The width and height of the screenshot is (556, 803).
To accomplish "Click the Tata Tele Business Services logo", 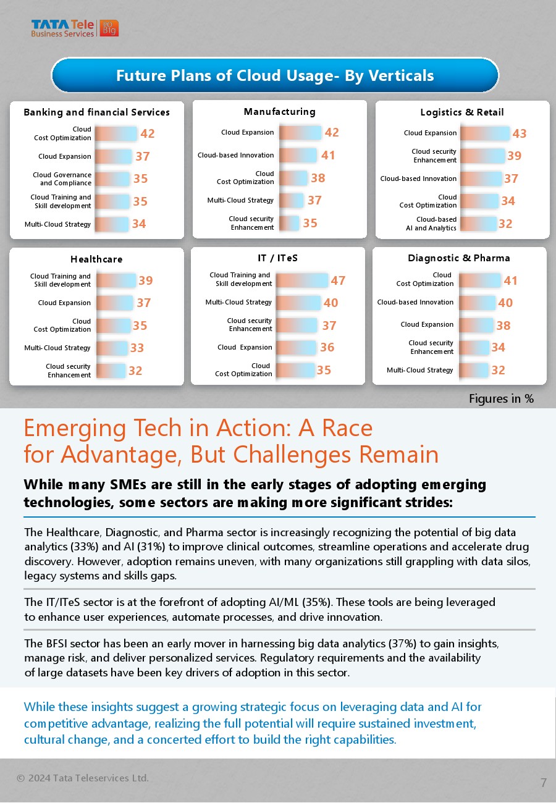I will coord(74,28).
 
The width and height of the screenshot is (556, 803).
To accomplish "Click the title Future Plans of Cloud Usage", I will coord(275,75).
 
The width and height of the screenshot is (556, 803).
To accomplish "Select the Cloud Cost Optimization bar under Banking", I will coord(116,134).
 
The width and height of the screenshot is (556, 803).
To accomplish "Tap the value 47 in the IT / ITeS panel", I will coord(338,280).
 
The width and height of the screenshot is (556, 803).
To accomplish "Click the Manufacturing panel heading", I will coord(279,112).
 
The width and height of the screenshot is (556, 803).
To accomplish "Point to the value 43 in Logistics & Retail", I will coord(520,133).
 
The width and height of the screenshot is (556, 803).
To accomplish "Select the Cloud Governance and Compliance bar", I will coord(112,179).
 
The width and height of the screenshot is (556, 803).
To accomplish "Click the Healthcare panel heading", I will coord(96,259).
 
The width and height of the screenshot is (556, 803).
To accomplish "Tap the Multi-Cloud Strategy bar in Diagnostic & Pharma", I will coord(473,370).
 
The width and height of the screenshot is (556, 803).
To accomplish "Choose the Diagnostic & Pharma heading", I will coord(459,258).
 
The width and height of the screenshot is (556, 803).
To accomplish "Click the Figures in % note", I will coord(501,399).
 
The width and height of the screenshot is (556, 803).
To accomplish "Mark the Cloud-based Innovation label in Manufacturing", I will coord(235,155).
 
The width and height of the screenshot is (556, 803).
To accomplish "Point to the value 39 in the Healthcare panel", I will coord(146,280).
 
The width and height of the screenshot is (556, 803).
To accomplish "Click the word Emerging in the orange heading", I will coord(64,428).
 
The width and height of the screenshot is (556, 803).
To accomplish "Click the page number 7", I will coord(544,783).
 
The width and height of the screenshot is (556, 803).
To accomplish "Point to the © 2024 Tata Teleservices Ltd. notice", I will coord(83,778).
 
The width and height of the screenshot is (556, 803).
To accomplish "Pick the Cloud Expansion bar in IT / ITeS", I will coord(297,348).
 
